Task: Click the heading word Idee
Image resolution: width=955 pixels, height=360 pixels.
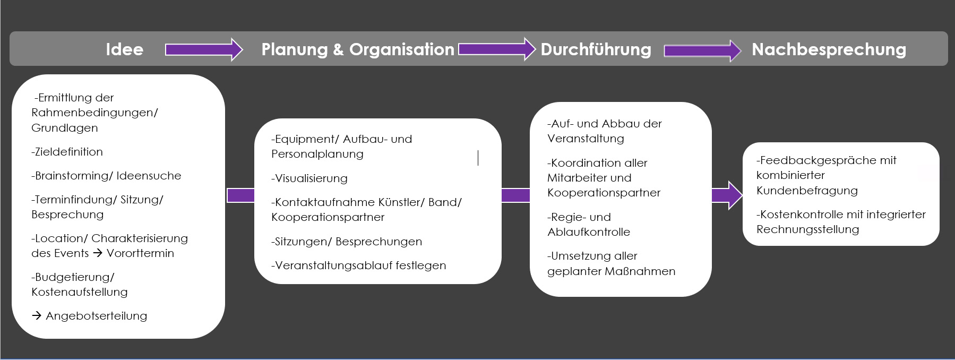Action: [124, 49]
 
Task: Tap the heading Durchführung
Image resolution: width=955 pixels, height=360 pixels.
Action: [596, 49]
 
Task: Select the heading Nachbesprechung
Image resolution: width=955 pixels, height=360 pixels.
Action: [829, 49]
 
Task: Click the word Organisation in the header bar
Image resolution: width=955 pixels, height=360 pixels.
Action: [402, 49]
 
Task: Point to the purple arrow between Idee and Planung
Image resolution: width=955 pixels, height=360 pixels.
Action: [204, 50]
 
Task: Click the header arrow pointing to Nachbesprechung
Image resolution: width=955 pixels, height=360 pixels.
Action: [702, 51]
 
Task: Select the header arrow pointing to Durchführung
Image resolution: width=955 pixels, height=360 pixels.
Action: [497, 49]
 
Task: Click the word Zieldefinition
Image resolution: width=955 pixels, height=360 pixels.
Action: [68, 152]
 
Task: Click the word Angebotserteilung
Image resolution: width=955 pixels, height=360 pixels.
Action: [97, 316]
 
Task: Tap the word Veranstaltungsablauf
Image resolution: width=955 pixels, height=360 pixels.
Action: [333, 265]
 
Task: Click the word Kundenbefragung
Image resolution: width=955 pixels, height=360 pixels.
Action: [807, 191]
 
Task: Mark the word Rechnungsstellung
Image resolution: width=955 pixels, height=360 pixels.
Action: [807, 229]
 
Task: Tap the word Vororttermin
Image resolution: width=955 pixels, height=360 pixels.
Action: [140, 253]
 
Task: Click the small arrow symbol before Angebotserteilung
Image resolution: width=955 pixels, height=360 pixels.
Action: [37, 316]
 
